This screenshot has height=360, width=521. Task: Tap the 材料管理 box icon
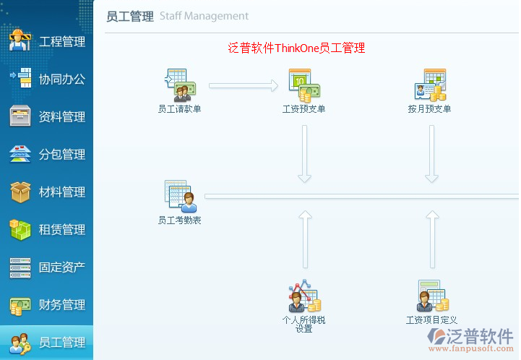click(x=20, y=192)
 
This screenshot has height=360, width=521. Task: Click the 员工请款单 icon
click(x=178, y=86)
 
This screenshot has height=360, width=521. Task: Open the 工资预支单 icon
click(x=303, y=86)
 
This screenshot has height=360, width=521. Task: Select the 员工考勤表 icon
click(x=179, y=196)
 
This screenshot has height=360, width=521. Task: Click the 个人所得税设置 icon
click(x=304, y=296)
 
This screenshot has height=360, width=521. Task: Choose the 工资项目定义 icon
click(x=431, y=296)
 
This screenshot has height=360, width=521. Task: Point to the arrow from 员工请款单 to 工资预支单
click(x=244, y=86)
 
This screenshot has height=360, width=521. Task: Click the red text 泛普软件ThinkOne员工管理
click(x=296, y=48)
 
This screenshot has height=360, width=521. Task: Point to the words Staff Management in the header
click(x=204, y=16)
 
